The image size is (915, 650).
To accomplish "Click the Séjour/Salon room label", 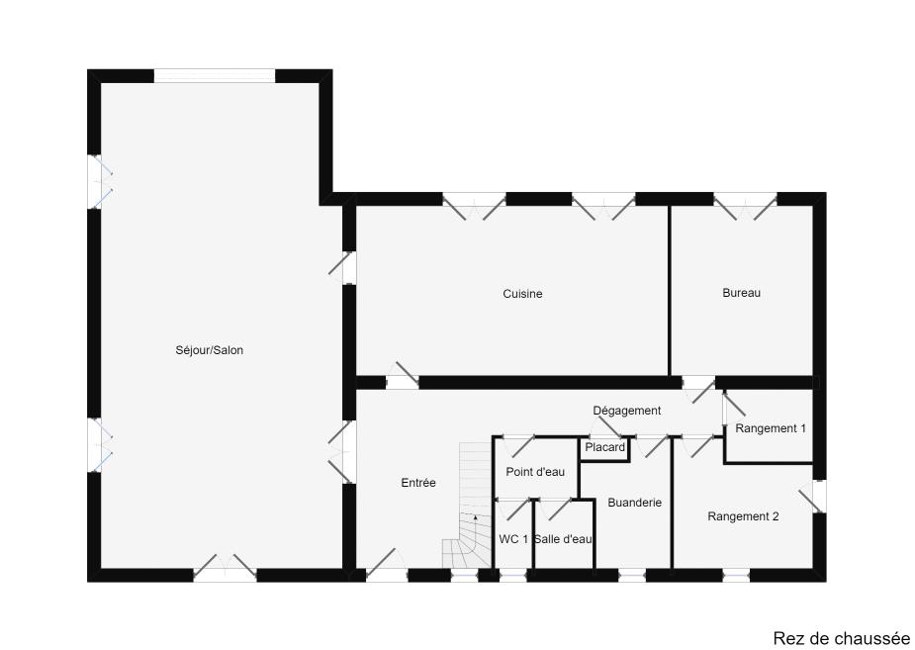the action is tap(209, 350).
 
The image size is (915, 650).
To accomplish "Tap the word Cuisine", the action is tap(522, 294).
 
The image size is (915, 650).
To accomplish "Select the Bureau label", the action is tap(741, 293).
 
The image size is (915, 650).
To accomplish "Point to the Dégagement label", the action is tap(627, 411).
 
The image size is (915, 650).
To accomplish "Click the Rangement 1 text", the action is tap(771, 428).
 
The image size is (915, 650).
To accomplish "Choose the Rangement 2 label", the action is tap(743, 516).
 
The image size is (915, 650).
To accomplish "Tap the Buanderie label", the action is tap(634, 503).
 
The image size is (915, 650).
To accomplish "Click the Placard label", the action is tap(605, 447).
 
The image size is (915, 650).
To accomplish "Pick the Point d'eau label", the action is tap(535, 472).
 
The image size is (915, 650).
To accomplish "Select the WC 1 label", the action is tap(513, 540).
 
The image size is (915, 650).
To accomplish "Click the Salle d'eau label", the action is tap(563, 540).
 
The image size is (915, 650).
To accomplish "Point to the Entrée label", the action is tap(418, 483).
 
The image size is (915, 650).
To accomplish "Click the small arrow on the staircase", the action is tap(475, 517).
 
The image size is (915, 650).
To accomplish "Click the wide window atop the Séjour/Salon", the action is tap(215, 76).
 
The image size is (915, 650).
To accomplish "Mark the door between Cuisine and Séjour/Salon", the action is tap(343, 267).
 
